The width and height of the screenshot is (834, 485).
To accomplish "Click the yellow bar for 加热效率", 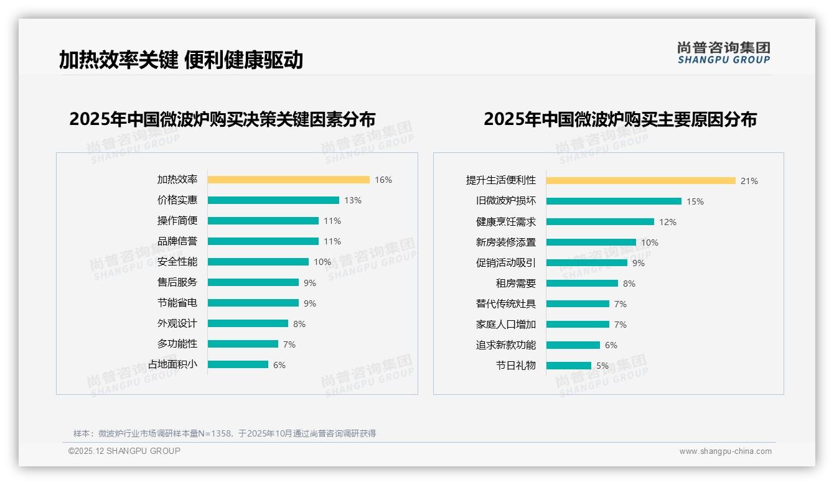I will pos(288,180).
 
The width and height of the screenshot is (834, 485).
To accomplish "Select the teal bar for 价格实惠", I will pos(273,200).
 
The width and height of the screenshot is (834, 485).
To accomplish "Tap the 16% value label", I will pos(383,180).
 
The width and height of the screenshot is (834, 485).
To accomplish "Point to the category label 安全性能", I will pos(177,262).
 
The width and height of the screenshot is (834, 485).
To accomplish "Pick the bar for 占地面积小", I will pos(238,364).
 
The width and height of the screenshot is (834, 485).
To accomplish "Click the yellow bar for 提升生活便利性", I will pos(640,181).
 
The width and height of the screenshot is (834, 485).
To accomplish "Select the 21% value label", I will pos(749,181).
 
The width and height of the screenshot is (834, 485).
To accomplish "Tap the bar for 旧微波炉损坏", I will pos(614,201).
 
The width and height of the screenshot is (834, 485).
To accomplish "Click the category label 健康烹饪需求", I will pos(506,222).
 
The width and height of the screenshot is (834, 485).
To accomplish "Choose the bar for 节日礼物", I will pos(569,366).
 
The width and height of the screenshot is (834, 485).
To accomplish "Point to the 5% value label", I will pos(602,366).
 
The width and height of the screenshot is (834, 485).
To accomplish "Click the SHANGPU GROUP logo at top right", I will pos(724,53).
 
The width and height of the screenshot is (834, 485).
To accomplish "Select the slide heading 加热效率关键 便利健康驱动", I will pos(181,60).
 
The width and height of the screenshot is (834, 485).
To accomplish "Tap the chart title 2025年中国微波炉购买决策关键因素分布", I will pos(222,119).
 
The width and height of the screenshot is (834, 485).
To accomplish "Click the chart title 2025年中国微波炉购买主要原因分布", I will pos(620,119).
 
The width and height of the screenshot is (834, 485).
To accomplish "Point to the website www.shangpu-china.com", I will pos(725,451).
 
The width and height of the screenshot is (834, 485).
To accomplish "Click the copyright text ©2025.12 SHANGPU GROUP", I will pos(124,451).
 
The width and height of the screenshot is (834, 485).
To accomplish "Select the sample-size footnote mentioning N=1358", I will pos(225,433).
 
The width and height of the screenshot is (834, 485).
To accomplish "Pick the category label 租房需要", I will pos(516,284).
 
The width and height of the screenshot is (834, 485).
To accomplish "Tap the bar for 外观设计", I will pos(248,323).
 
